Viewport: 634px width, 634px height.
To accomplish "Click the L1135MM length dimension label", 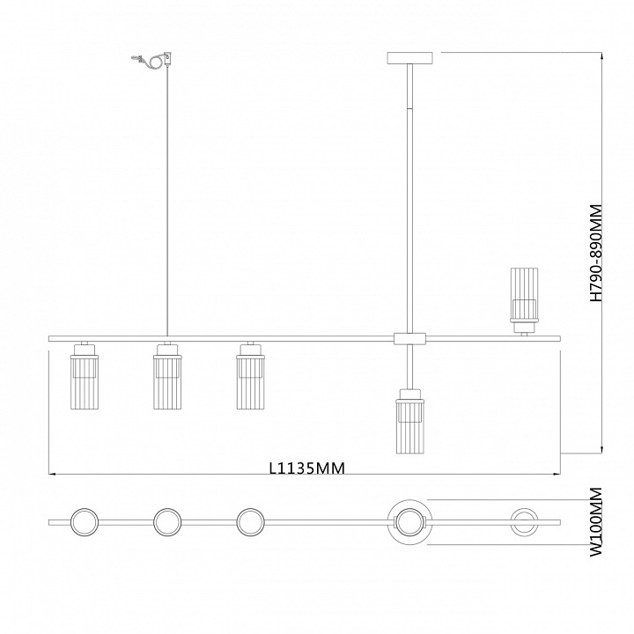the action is [307, 468].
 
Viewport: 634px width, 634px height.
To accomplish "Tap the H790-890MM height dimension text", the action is [596, 253].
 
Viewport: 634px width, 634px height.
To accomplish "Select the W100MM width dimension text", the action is [596, 522].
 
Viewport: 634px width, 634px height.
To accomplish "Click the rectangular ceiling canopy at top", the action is [409, 58].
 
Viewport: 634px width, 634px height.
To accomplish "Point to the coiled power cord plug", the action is [152, 60].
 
